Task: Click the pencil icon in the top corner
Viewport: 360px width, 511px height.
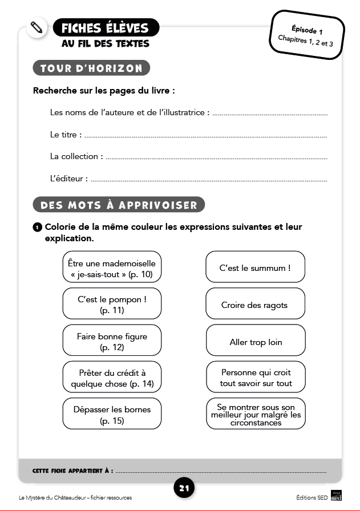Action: tap(37, 27)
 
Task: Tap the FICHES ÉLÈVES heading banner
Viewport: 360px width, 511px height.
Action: tap(105, 27)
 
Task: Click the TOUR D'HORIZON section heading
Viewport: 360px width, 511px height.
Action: tap(91, 68)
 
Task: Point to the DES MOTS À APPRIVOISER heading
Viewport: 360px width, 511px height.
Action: tap(119, 205)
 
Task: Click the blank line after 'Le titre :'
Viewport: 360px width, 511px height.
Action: tap(205, 136)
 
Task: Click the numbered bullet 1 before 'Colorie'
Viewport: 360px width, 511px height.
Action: tap(37, 227)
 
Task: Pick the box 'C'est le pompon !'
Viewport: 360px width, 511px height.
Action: tap(112, 304)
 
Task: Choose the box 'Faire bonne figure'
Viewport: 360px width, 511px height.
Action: tap(112, 341)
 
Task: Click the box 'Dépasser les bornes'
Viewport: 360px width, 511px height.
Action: tap(112, 415)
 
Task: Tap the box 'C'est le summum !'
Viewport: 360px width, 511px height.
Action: tap(255, 267)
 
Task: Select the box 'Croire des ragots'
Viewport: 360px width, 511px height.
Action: tap(255, 305)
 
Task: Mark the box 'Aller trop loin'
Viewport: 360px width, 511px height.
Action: tap(255, 342)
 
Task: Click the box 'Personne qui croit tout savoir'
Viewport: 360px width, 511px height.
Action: tap(255, 378)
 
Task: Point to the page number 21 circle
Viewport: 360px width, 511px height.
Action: tap(184, 488)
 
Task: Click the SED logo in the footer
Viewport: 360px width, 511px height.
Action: tap(336, 497)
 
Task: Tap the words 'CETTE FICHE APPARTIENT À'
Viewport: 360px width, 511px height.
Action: tap(72, 472)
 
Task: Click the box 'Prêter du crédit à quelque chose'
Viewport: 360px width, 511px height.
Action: tap(112, 378)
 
